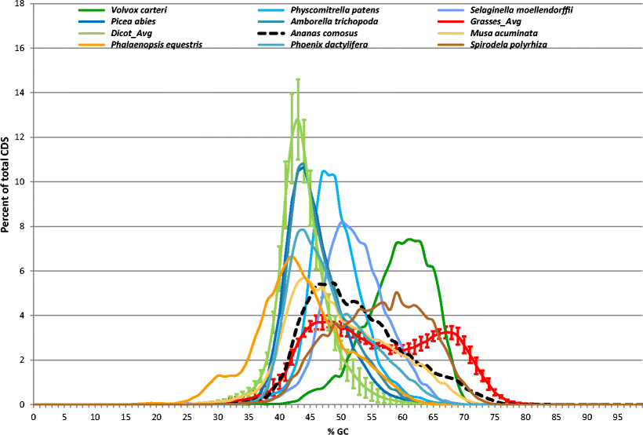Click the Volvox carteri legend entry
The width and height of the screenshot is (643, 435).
click(137, 11)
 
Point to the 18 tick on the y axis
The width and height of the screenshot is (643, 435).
click(19, 4)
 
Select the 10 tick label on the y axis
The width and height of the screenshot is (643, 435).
click(19, 182)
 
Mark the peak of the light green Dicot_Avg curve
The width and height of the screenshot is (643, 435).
click(298, 119)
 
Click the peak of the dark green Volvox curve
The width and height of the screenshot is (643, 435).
click(410, 239)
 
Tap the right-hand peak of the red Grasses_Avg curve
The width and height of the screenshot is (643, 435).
click(446, 331)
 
